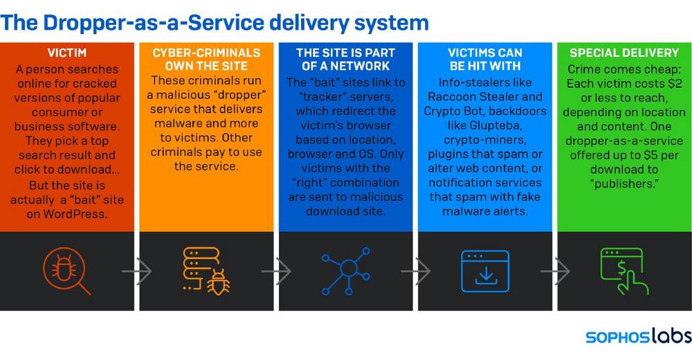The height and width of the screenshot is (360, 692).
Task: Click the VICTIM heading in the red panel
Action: click(67, 53)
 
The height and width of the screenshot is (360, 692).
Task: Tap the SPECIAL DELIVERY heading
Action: click(624, 53)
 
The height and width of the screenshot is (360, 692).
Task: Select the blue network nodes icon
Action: click(345, 271)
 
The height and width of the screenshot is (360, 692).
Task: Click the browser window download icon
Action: click(485, 271)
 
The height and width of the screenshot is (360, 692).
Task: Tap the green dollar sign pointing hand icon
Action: click(624, 271)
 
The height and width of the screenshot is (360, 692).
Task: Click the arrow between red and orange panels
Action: click(137, 271)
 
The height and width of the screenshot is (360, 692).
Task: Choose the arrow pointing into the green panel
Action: click(555, 271)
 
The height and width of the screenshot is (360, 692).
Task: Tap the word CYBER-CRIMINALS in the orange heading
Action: click(206, 53)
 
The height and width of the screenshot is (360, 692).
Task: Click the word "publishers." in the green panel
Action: click(624, 183)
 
